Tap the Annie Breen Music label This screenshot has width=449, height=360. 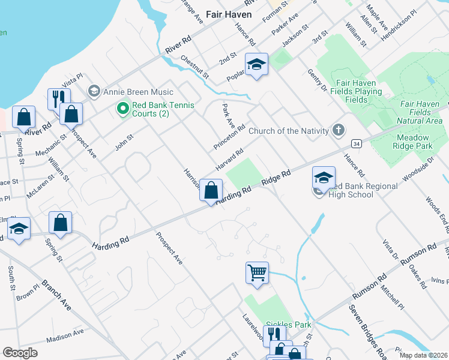click(x=138, y=92)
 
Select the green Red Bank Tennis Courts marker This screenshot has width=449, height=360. click(x=123, y=109)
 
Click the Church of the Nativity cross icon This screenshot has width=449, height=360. click(x=339, y=130)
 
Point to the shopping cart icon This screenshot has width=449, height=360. click(x=257, y=273)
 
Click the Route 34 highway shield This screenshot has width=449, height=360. click(x=357, y=144)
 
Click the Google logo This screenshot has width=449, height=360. click(x=20, y=353)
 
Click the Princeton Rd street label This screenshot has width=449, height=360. click(x=229, y=137)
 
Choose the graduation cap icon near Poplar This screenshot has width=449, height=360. click(x=256, y=64)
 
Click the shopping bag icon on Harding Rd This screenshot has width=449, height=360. click(x=211, y=191)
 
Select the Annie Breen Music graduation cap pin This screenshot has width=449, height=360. click(x=94, y=91)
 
